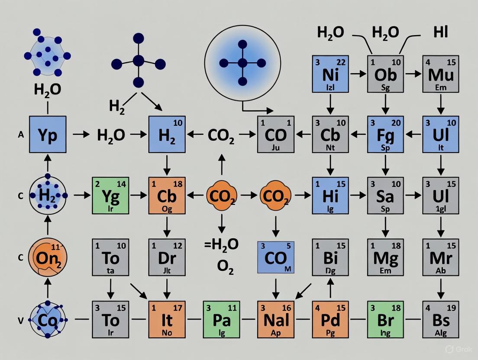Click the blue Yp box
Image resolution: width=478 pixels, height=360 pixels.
pos(48,134)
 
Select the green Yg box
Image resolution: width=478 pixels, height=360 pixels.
pos(111,196)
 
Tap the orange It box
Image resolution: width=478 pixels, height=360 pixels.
pos(167,319)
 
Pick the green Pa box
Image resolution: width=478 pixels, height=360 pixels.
pos(221,319)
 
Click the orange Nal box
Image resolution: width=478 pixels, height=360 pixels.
pos(276,319)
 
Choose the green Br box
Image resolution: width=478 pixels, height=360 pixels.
pos(385,319)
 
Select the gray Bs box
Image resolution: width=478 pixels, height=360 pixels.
pos(440,319)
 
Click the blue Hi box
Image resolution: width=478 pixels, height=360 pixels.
pos(330,196)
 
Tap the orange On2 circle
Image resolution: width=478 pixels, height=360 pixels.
pos(47,257)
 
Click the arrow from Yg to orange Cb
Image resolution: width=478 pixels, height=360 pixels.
pos(139,196)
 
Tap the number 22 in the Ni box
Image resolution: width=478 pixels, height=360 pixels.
pos(341,62)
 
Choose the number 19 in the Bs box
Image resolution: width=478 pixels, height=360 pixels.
pos(451,308)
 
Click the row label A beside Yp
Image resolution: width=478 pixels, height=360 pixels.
pos(20,135)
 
